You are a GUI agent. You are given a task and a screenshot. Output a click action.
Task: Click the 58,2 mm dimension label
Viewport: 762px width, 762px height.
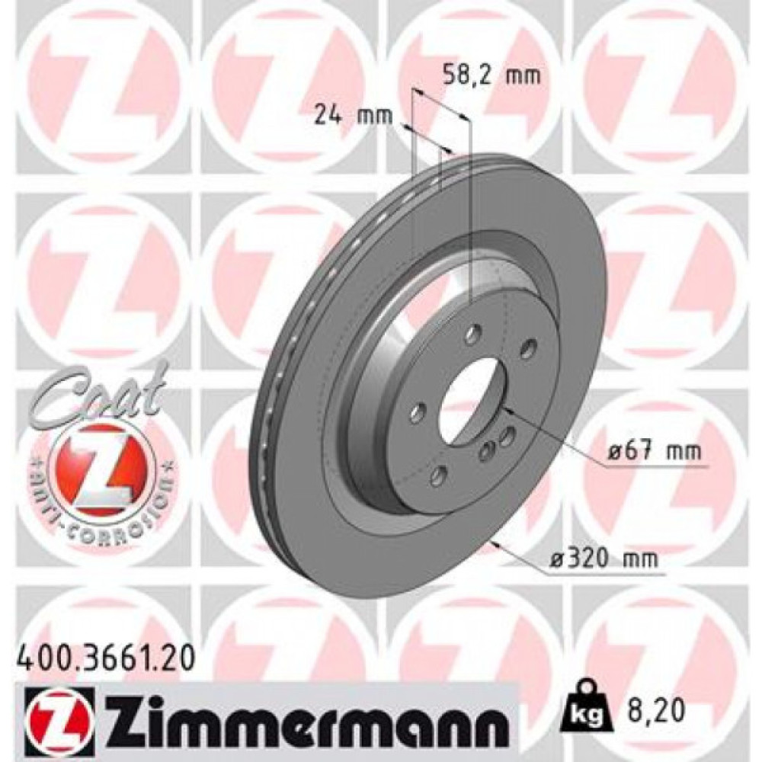pyautogui.click(x=491, y=75)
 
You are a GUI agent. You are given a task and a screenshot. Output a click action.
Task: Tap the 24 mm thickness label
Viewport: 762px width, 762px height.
pyautogui.click(x=353, y=116)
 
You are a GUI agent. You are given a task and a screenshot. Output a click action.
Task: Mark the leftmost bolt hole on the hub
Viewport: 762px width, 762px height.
pyautogui.click(x=416, y=412)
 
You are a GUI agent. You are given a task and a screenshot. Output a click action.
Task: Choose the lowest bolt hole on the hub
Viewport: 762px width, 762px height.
pyautogui.click(x=437, y=477)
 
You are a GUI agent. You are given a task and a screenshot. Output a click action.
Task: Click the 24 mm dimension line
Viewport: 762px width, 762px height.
pyautogui.click(x=427, y=142)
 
